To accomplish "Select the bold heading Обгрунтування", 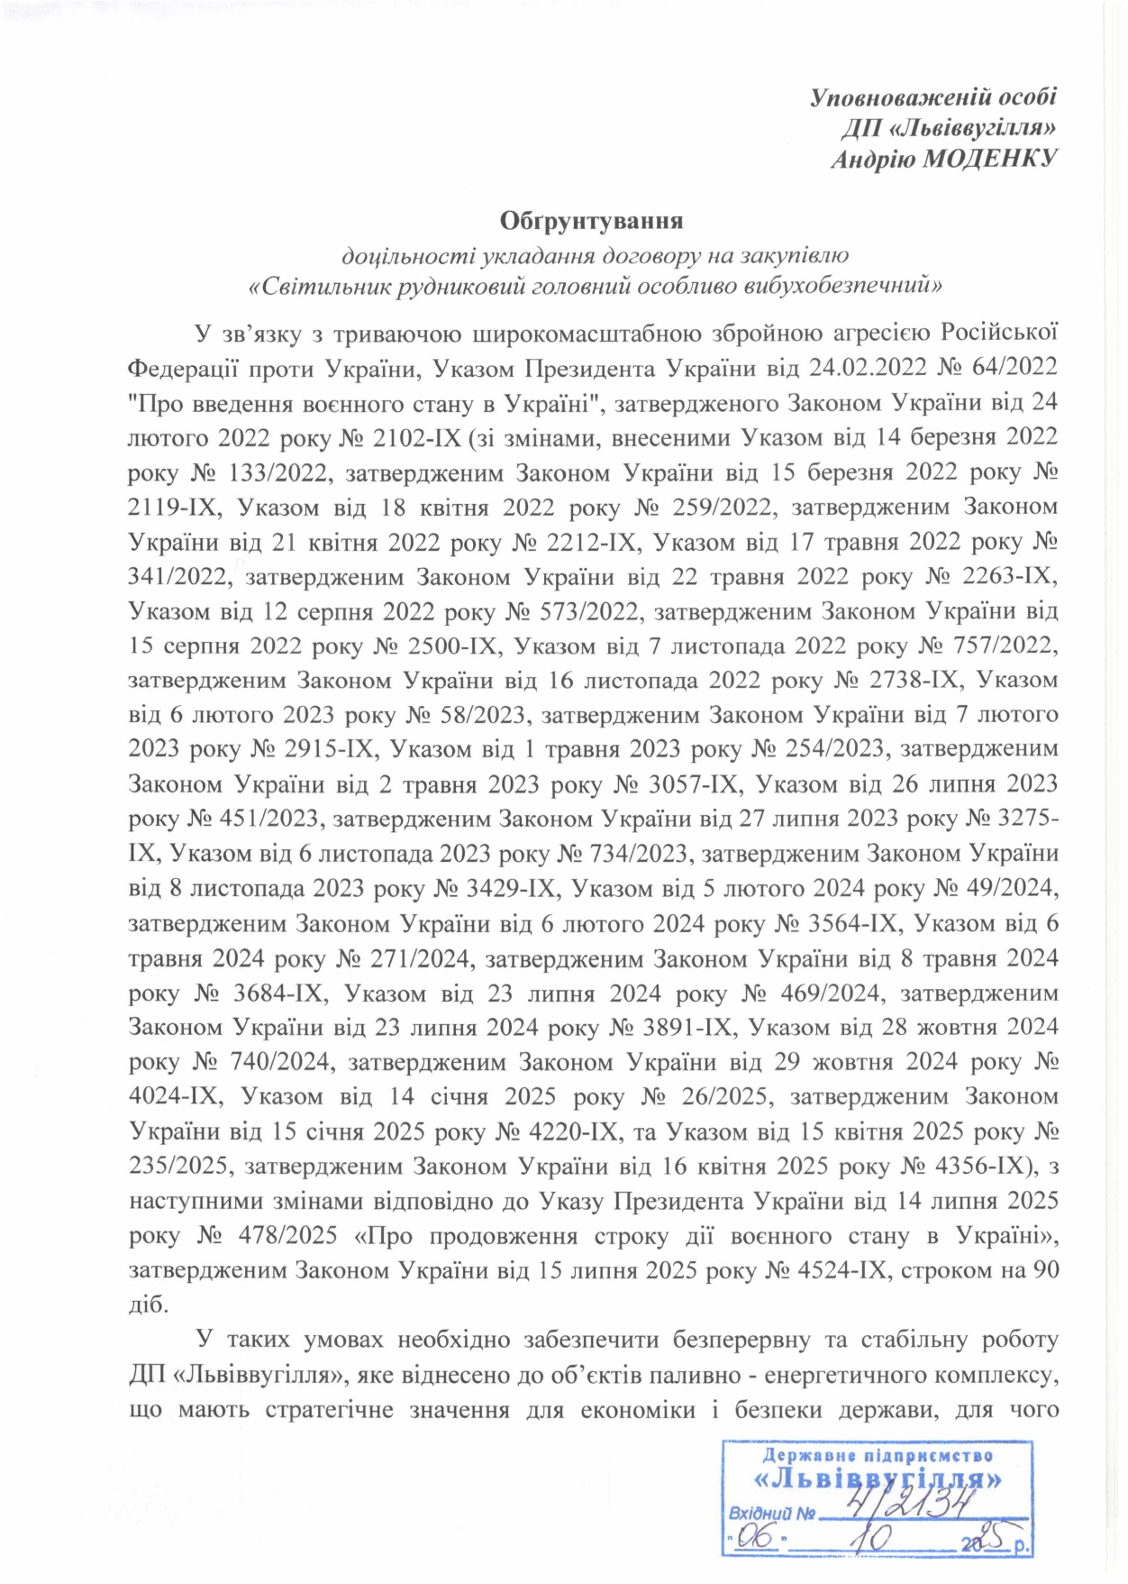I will [592, 220].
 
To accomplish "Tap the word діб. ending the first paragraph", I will [149, 1305].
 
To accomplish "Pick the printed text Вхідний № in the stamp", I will [771, 1514].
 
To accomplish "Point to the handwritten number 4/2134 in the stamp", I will [909, 1505].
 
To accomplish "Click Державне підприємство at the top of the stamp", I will [878, 1456].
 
